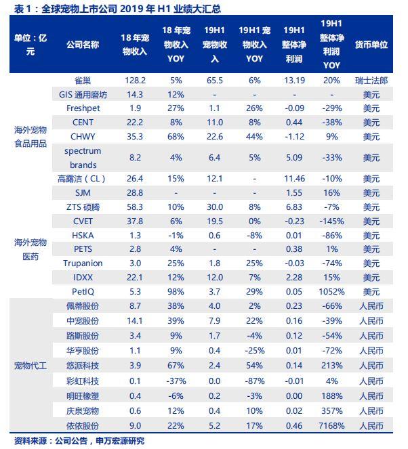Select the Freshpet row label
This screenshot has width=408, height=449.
coord(83,108)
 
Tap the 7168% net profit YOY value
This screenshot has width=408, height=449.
coord(331,426)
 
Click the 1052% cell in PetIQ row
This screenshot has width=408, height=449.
coord(331,291)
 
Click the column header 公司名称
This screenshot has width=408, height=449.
coord(83,45)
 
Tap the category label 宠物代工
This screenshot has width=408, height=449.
coord(30,366)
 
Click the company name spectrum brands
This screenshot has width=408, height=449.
coord(83,157)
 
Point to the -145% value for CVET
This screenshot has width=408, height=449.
coord(331,221)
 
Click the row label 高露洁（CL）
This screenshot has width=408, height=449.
coord(83,179)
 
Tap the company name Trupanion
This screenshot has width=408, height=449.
coord(83,263)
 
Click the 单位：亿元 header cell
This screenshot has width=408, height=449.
coord(30,45)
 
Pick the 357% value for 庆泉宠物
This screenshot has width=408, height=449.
coord(331,412)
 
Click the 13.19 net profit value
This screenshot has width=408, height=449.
coord(293,80)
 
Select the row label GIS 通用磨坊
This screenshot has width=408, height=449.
coord(83,94)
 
